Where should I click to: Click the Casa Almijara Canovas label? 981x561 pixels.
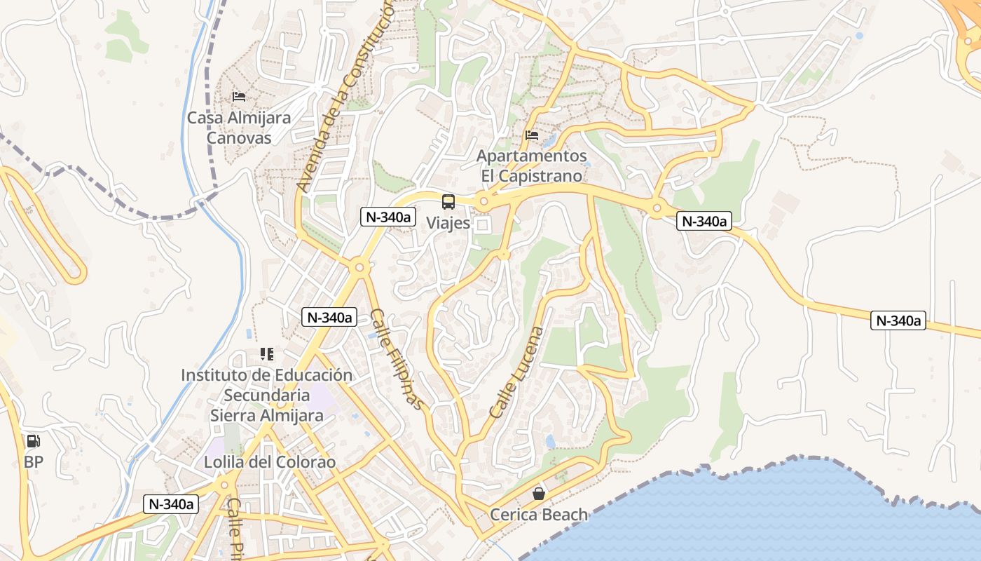(x=238, y=128)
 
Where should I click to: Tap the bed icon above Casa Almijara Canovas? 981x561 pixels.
(x=239, y=96)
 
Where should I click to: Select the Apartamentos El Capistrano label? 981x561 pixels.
(x=532, y=165)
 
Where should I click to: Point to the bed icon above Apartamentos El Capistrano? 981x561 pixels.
(x=532, y=135)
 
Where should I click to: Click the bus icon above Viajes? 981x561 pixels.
(x=448, y=202)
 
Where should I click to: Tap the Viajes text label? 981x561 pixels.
(x=448, y=222)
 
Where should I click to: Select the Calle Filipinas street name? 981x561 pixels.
(x=397, y=359)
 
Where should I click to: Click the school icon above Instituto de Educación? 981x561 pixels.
(x=266, y=354)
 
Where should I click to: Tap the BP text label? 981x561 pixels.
(x=33, y=462)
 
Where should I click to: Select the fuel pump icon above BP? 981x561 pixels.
(x=33, y=441)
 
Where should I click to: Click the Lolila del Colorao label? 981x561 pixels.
(x=270, y=463)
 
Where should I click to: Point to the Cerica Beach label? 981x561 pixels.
(x=539, y=515)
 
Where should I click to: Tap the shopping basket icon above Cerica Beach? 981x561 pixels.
(x=539, y=494)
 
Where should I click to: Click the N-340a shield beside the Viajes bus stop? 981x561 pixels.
(x=387, y=217)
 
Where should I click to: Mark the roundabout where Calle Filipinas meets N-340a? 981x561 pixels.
(x=360, y=266)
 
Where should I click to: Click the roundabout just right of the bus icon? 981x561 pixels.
(x=483, y=202)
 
